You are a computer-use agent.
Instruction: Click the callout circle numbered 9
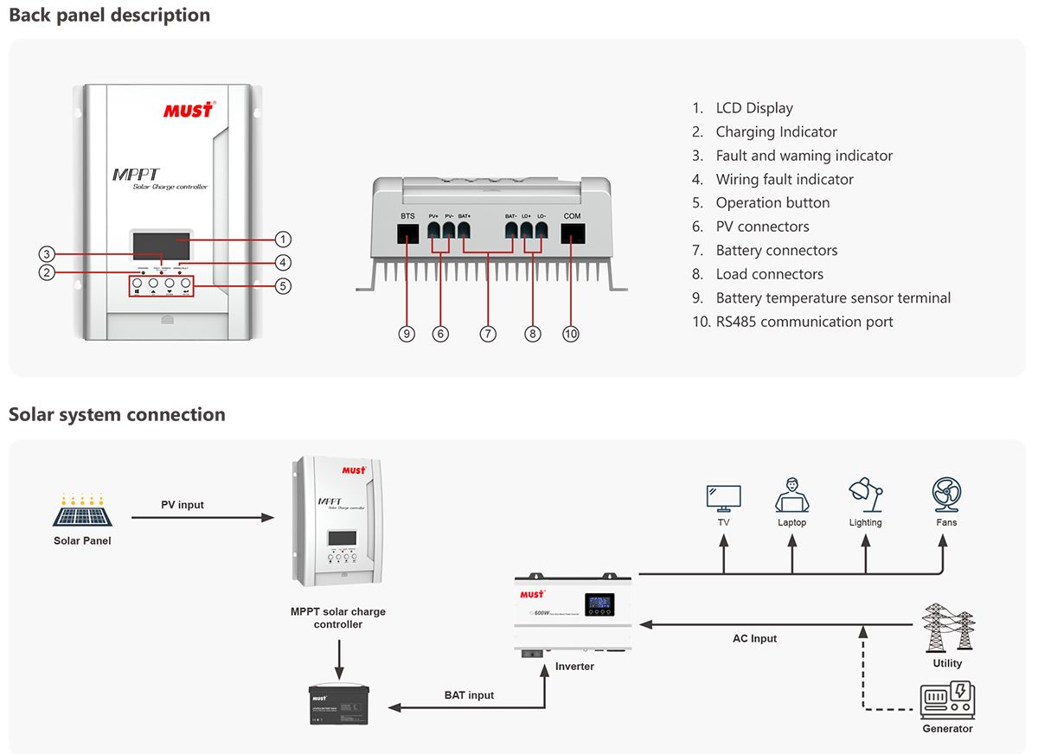[x=407, y=334]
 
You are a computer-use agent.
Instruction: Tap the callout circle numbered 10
[x=571, y=334]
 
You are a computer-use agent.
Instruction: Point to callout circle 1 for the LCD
[x=283, y=239]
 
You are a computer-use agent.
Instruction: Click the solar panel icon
[x=82, y=512]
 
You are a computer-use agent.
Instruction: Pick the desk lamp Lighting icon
[x=865, y=495]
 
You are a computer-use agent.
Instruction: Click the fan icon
[x=946, y=495]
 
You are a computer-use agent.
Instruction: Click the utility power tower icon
[x=948, y=628]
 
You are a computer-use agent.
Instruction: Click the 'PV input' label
[x=183, y=505]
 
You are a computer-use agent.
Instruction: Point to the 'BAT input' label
[x=469, y=695]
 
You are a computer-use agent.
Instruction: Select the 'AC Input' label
[x=754, y=639]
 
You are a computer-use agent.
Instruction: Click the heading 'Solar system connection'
[x=117, y=414]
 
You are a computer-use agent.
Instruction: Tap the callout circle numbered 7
[x=489, y=334]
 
